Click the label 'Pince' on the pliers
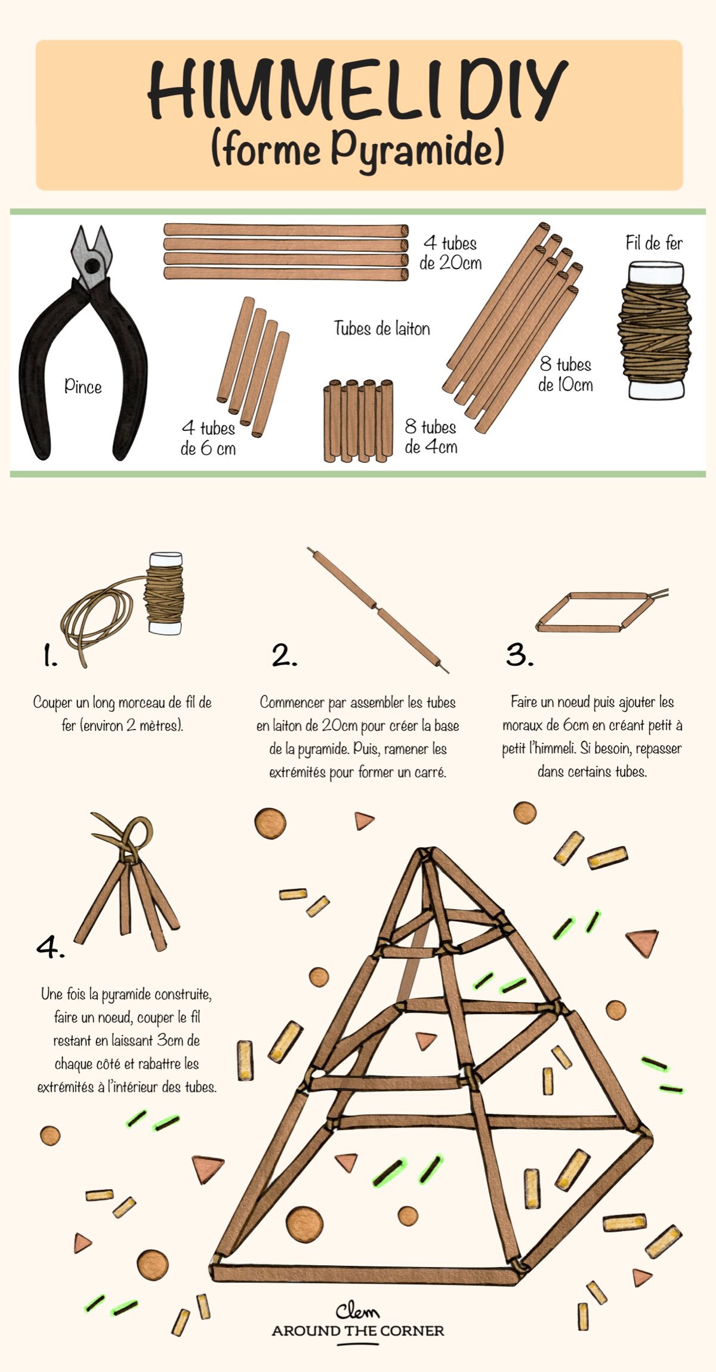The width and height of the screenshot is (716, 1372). (x=83, y=387)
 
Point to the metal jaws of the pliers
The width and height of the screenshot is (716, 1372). (x=91, y=254)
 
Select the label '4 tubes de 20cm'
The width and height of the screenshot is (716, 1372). (x=450, y=253)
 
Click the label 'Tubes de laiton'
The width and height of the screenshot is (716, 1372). (x=382, y=328)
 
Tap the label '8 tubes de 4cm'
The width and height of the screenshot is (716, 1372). (x=431, y=437)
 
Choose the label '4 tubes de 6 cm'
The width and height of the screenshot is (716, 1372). (x=208, y=438)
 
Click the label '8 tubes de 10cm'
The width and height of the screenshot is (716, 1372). (x=565, y=375)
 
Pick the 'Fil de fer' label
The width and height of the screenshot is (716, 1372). (x=654, y=243)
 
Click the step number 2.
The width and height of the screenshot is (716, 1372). (x=284, y=656)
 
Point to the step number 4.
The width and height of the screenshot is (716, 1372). (x=50, y=947)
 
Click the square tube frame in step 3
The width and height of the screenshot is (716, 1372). (x=594, y=611)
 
